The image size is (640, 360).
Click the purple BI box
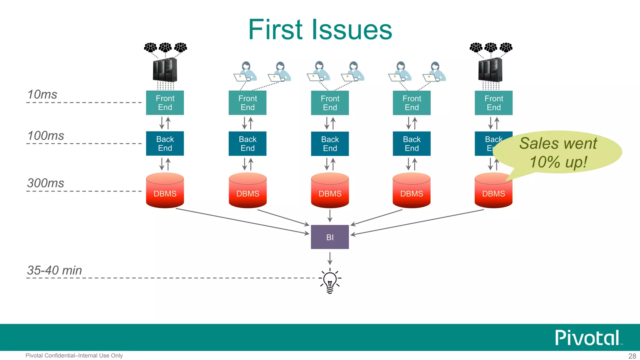coord(330,237)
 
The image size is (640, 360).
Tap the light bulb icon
coord(330,281)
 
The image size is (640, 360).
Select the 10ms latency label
coord(42,94)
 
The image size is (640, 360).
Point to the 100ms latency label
coord(46,136)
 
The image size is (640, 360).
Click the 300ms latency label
coord(46,183)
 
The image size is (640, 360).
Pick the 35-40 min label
coord(54,270)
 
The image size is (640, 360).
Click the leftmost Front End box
coord(165,103)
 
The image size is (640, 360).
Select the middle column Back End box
coord(330,144)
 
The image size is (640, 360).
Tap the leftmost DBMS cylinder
coord(165,191)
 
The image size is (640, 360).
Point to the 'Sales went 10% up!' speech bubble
coord(558,152)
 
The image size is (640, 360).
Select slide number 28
coord(632,356)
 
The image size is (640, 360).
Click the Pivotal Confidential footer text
coord(74,356)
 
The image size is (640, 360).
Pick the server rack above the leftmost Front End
coord(165,70)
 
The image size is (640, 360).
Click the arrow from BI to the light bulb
coord(330,258)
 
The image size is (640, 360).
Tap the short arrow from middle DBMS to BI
coord(330,216)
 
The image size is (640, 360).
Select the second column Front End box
coord(247,103)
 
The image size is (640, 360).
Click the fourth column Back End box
coord(412,144)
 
